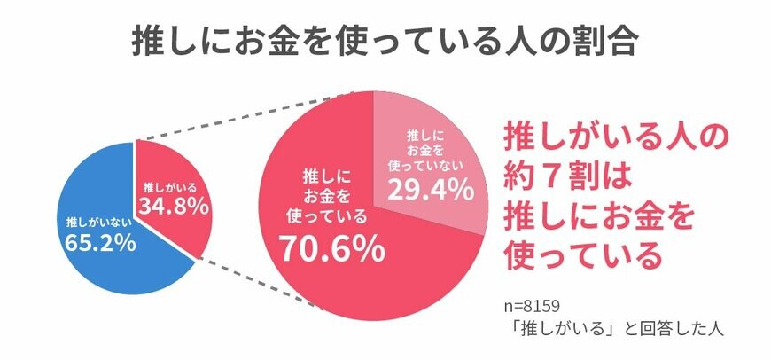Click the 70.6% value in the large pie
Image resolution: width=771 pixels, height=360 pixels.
332,251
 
